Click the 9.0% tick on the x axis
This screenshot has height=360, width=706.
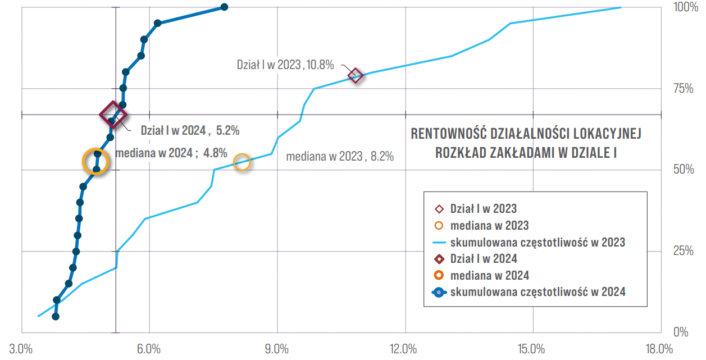[x=277, y=349]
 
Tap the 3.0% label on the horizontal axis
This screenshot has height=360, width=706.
[x=21, y=349]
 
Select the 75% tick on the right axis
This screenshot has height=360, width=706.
[x=684, y=89]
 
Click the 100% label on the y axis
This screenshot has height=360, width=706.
[x=686, y=7]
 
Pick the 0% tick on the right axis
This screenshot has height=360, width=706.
[x=681, y=332]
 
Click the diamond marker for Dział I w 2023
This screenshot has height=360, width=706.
[x=356, y=76]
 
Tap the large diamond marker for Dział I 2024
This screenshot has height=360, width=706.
[x=113, y=115]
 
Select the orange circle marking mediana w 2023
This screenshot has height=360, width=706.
[x=242, y=162]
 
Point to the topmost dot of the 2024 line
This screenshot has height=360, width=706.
[x=224, y=7]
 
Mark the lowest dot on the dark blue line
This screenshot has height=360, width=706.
[x=56, y=317]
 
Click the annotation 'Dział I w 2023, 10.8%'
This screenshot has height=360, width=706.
[x=285, y=65]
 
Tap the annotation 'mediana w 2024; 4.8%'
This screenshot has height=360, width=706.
[x=171, y=153]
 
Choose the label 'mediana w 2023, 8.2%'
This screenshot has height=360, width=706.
[x=340, y=156]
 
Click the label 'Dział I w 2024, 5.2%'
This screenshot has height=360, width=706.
[x=190, y=130]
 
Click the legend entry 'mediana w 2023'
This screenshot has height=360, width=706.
[x=481, y=226]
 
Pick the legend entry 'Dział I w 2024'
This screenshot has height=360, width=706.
[x=476, y=259]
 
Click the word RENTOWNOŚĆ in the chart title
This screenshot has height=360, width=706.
[x=448, y=134]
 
